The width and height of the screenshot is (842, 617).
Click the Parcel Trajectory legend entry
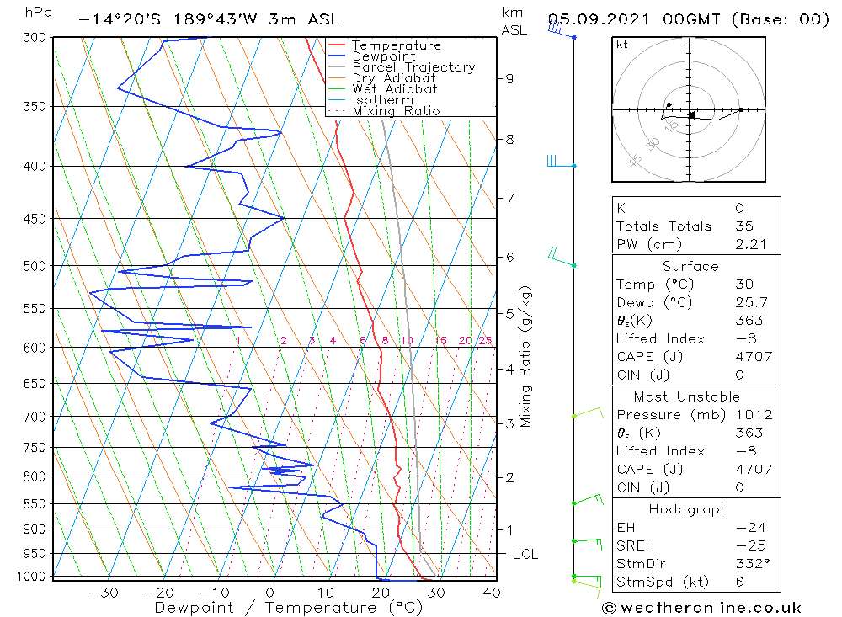coord(413,67)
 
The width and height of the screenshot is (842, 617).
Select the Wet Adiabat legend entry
coord(395,89)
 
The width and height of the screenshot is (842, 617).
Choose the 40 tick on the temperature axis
coord(492,593)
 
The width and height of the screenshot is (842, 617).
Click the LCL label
coord(525,554)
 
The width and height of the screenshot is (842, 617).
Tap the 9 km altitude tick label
coord(509,78)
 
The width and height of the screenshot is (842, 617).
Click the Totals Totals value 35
coord(743,226)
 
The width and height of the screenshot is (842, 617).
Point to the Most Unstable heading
coord(687,396)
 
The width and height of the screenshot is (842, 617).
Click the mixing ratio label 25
coord(485,340)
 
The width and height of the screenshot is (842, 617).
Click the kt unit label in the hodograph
coord(622,45)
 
